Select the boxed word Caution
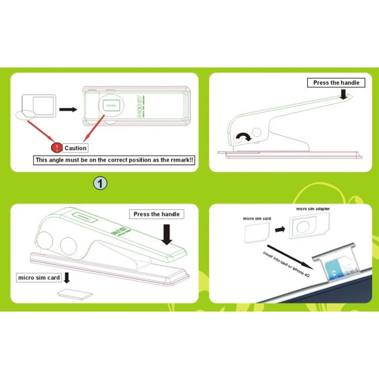(75, 148)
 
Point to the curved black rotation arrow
(243, 138)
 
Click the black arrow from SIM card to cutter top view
(69, 110)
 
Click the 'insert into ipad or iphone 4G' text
(287, 265)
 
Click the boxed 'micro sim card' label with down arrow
(39, 278)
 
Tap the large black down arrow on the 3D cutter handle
(167, 234)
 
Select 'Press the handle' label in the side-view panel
(336, 83)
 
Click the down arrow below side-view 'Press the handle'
(343, 94)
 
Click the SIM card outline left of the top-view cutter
(39, 106)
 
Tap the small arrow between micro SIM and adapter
(280, 229)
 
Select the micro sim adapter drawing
(304, 227)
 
